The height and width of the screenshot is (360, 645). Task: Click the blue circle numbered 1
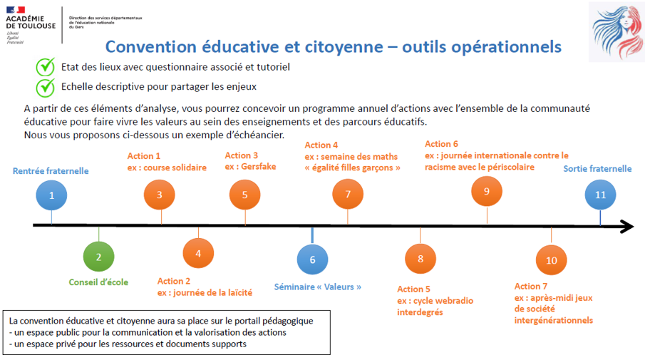[51, 195]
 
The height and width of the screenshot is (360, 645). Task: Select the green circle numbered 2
[98, 257]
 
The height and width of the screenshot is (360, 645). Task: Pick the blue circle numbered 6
[312, 259]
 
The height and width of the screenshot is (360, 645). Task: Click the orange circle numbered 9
[487, 191]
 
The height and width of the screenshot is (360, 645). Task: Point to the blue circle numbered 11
[600, 195]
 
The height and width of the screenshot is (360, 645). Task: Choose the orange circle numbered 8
[420, 259]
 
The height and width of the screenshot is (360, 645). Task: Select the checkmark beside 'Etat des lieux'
[46, 66]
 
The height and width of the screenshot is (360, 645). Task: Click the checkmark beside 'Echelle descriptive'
[46, 86]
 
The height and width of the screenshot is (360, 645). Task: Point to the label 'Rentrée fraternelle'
[51, 171]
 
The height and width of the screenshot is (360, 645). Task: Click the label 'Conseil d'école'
[98, 282]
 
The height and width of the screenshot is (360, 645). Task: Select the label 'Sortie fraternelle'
[597, 169]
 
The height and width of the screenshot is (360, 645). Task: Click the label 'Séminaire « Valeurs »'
[318, 287]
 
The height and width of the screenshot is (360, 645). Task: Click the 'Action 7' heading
[531, 287]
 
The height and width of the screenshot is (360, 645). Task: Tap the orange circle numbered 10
[551, 260]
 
